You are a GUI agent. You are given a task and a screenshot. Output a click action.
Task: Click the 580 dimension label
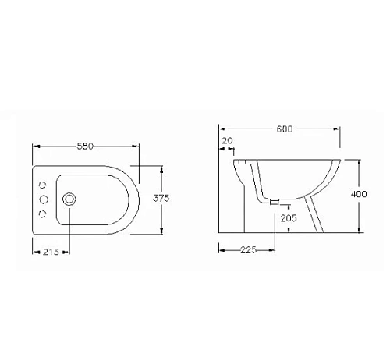pyautogui.click(x=85, y=146)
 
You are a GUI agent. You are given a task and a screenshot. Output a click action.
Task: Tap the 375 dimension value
pyautogui.click(x=161, y=198)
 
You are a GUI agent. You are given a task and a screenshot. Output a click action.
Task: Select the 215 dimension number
pyautogui.click(x=51, y=252)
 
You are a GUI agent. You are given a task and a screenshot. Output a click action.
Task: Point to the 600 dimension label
pyautogui.click(x=285, y=129)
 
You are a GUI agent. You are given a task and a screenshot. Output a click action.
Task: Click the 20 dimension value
pyautogui.click(x=227, y=141)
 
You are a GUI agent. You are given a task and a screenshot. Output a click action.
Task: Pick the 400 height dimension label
pyautogui.click(x=359, y=194)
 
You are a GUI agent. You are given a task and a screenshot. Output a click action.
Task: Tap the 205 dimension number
pyautogui.click(x=289, y=218)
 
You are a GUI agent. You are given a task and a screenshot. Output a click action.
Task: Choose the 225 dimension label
pyautogui.click(x=249, y=250)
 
